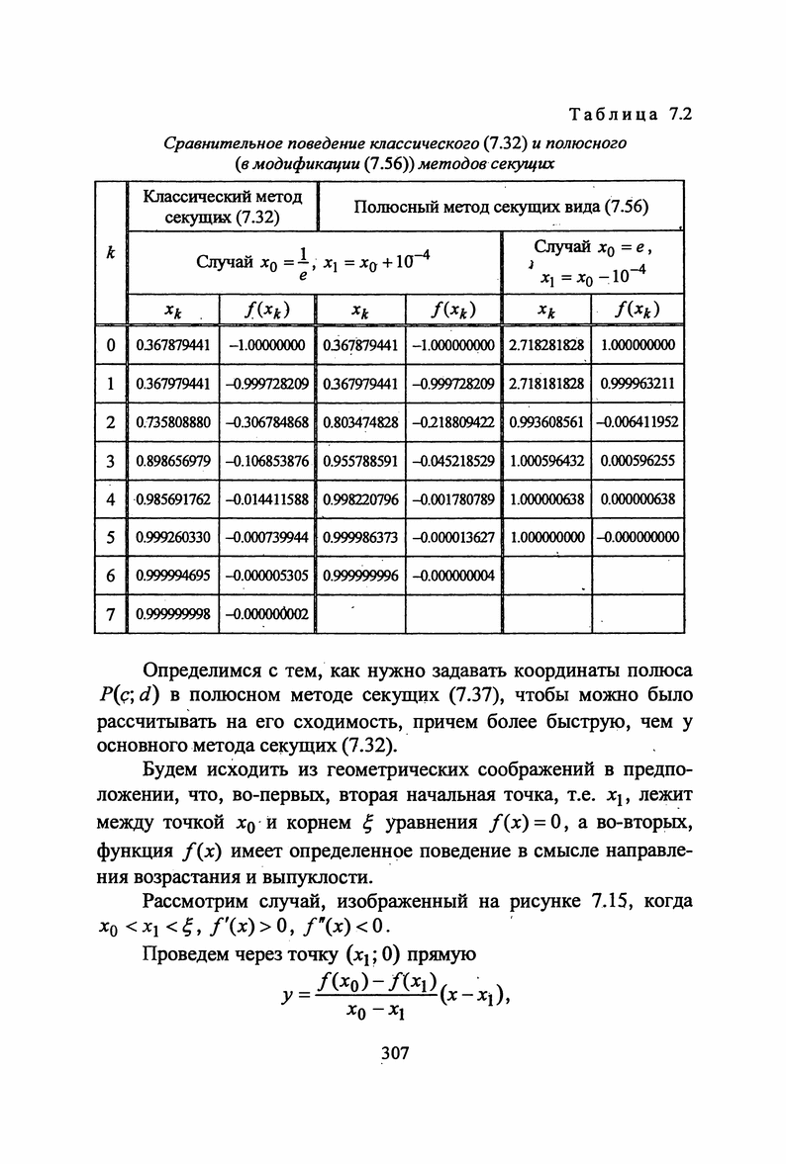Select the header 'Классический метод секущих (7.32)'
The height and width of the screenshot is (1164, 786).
[x=221, y=206]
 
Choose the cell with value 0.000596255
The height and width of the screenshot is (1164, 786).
[x=638, y=460]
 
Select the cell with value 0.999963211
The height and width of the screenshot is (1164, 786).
[x=638, y=383]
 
